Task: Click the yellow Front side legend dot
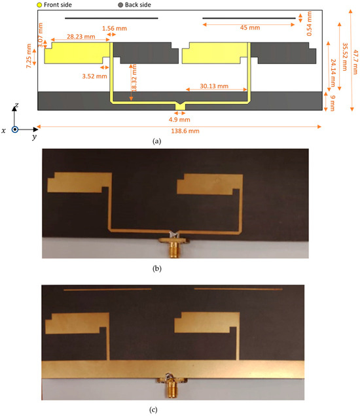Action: [x=41, y=5]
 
